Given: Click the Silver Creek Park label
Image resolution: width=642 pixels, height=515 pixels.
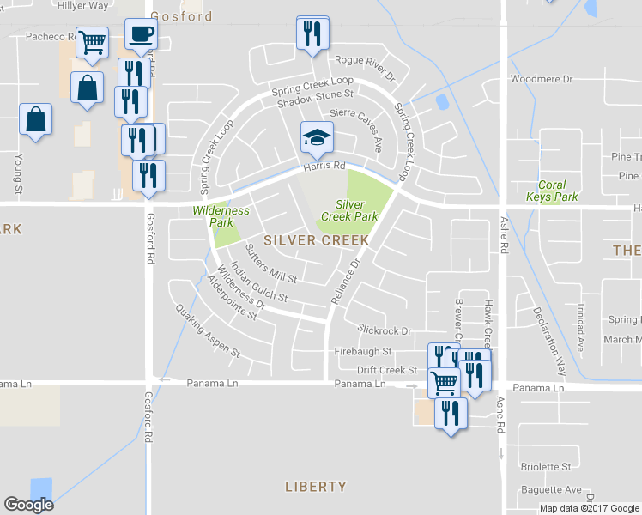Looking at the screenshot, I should click(x=356, y=210).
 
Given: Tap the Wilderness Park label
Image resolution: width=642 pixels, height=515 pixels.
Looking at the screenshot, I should click(x=221, y=215).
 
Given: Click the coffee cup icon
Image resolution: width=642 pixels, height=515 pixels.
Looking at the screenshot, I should click(x=141, y=34).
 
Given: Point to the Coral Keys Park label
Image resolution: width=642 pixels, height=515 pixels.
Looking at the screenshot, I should click(x=557, y=191).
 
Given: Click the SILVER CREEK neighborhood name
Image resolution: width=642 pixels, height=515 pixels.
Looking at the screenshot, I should click(x=317, y=240).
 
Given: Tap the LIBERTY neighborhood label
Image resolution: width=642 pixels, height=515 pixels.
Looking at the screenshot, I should click(x=316, y=487).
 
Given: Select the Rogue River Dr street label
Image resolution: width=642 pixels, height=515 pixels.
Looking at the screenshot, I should click(x=364, y=68).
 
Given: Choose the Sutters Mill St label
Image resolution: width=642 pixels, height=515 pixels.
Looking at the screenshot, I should click(x=270, y=264).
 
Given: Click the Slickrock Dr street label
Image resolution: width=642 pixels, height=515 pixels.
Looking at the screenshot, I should click(x=385, y=330).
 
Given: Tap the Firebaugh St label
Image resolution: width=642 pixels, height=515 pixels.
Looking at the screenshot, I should click(x=363, y=351).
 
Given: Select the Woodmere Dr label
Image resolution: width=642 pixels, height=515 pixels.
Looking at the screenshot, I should click(x=541, y=79).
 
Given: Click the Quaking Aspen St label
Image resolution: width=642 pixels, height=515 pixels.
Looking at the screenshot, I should click(x=207, y=330).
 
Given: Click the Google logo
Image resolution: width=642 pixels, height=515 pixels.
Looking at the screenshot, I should click(x=28, y=504).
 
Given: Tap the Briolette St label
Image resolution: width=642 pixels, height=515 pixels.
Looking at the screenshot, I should click(x=546, y=467).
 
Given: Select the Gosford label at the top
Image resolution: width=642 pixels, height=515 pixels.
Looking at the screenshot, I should click(x=181, y=16).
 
